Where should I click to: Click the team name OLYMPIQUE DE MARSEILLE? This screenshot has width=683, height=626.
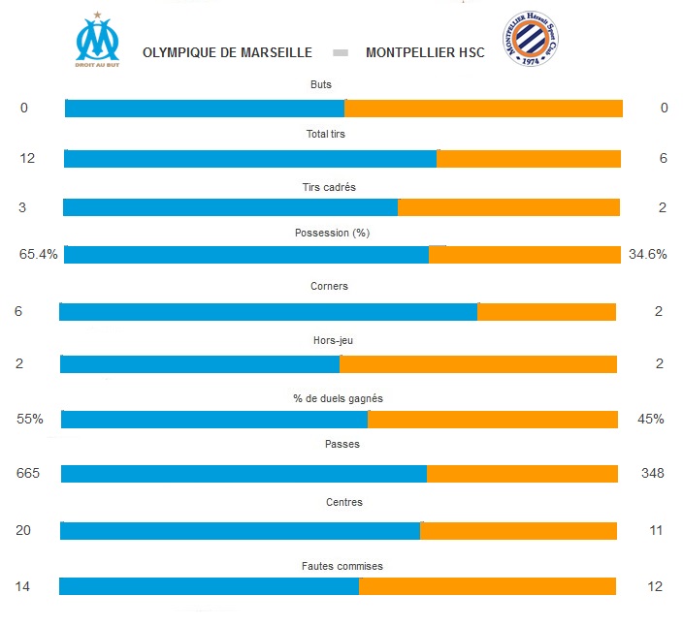(227, 52)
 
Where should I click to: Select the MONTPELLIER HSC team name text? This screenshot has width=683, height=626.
(425, 52)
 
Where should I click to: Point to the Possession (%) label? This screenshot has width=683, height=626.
(332, 233)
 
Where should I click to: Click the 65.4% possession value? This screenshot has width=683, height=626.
(39, 255)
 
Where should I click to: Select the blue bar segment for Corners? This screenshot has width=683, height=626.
(268, 312)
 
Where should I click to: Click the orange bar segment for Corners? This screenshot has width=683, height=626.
(546, 312)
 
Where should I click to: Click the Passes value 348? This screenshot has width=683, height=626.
(652, 473)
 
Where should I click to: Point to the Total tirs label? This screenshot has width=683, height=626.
(325, 134)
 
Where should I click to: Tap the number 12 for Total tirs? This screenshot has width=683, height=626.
(27, 158)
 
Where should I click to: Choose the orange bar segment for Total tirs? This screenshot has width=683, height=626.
(529, 159)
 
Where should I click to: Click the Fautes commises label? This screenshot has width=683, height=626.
(342, 566)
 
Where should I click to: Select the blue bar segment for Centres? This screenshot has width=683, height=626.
(240, 531)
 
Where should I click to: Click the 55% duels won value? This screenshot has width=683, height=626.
(30, 419)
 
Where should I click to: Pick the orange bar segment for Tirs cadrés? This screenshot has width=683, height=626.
(508, 207)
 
